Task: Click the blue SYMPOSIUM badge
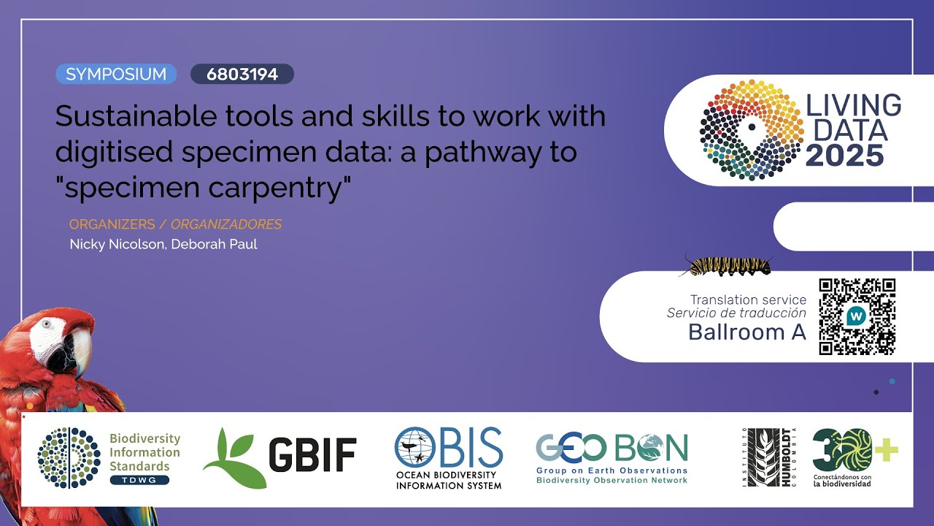point(116,74)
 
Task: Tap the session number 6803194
point(242,74)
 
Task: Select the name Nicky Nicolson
point(117,244)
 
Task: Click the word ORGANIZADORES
point(226,224)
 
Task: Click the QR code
point(857,316)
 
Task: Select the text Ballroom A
point(747,332)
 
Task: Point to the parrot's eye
point(47,324)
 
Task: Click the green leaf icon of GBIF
point(233,459)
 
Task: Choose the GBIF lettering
point(312,455)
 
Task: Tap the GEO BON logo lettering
point(611,447)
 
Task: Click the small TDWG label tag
point(139,480)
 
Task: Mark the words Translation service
point(748,300)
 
